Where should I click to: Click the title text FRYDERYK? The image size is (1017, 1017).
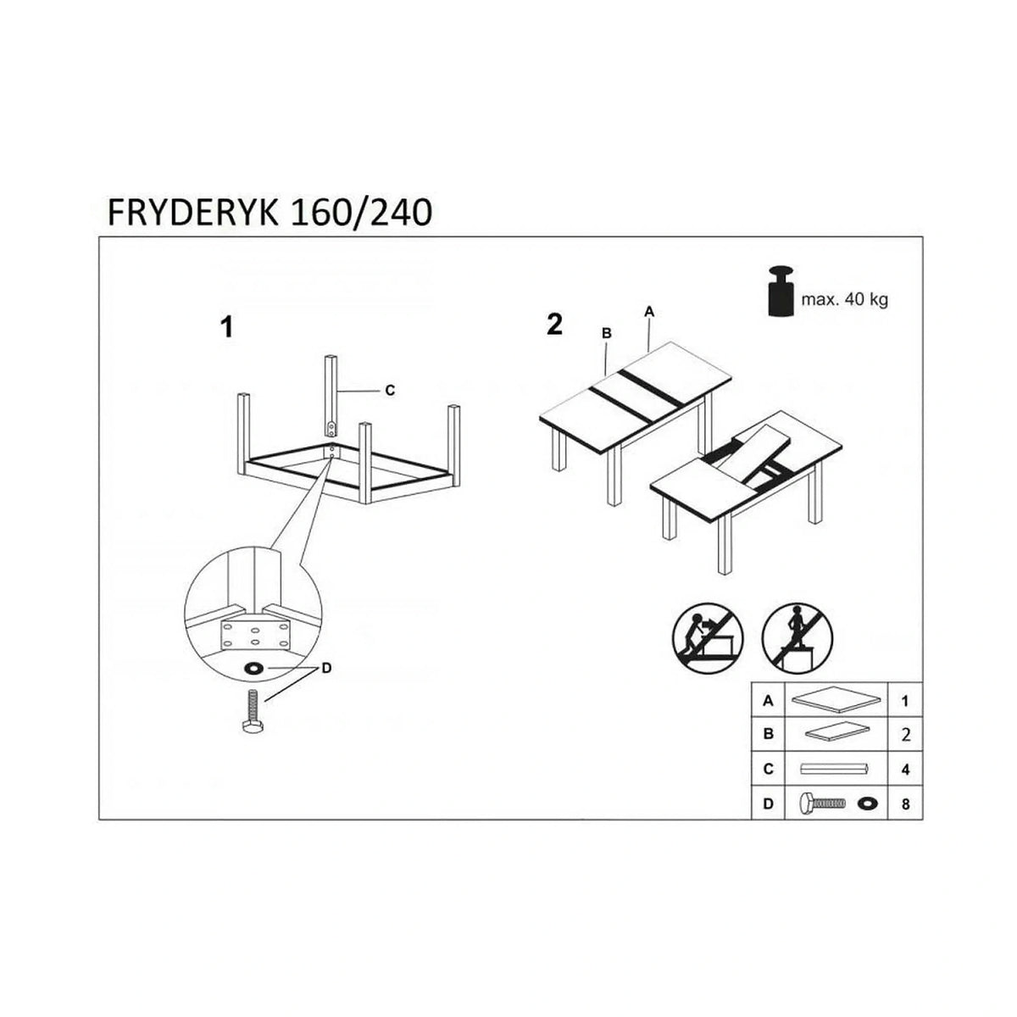point(192,214)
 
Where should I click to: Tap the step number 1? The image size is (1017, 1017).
point(227,327)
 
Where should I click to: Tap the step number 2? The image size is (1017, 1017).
point(554,325)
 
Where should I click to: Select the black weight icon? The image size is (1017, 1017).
point(781,291)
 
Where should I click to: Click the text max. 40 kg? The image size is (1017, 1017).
point(844,300)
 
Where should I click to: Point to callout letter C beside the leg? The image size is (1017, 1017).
point(390,391)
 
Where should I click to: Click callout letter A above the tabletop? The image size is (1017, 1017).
point(649,312)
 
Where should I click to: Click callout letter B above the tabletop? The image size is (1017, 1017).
point(607,333)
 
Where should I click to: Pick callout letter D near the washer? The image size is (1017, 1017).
point(326,668)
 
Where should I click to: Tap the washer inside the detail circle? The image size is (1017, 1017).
point(254,669)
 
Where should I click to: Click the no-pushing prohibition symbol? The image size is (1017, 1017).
point(708,637)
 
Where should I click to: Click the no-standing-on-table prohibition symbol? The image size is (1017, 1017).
point(797,637)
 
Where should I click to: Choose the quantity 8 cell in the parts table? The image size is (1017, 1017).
point(906,803)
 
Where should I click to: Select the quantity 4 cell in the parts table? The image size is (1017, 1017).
point(906,769)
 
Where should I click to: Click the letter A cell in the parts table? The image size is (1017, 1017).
point(769,701)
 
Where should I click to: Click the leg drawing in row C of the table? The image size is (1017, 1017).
point(835,769)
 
